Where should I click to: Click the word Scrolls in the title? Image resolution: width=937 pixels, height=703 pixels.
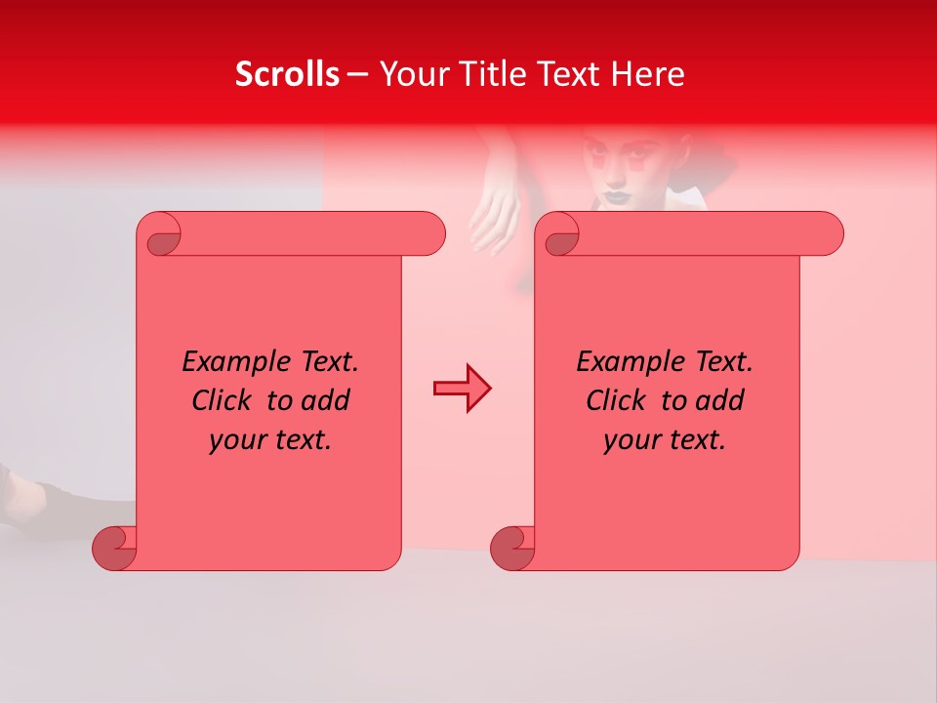[287, 74]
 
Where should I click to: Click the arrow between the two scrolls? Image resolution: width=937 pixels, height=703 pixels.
[462, 389]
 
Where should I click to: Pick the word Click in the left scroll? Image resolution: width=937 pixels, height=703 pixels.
[222, 401]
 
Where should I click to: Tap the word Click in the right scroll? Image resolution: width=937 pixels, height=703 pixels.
[616, 401]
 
